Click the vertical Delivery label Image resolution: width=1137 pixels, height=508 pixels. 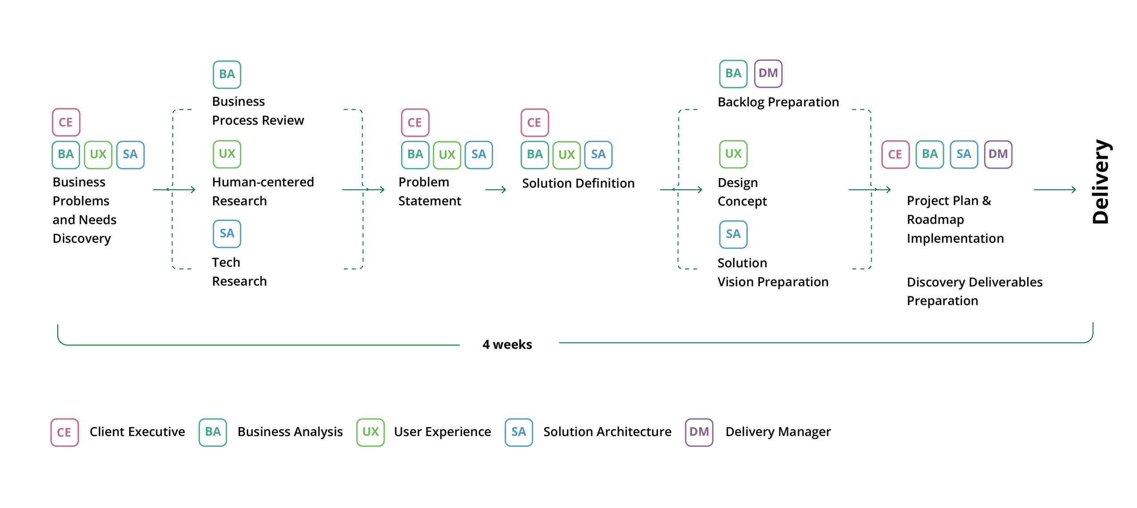coord(1101,182)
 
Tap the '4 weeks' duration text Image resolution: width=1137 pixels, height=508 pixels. coord(507,345)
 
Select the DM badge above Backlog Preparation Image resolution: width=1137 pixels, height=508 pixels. coord(768,73)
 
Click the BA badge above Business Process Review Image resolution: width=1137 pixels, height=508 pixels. coord(227,74)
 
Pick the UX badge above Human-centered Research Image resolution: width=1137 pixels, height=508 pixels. coord(227,154)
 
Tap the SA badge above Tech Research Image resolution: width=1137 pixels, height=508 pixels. coord(227,234)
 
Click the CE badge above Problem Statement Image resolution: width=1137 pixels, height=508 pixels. coord(415,123)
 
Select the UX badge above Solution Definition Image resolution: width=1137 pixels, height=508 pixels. coord(566,155)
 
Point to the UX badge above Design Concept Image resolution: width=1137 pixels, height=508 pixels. coord(733,154)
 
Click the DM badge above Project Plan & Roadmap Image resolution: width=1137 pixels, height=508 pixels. coord(998,155)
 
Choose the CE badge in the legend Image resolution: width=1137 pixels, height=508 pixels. coord(64,432)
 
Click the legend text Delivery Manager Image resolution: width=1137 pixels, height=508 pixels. coord(778,432)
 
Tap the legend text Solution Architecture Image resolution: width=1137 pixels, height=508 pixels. coord(607,432)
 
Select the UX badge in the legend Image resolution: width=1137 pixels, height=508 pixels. coord(370,432)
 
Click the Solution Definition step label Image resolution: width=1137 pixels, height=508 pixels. coord(578,183)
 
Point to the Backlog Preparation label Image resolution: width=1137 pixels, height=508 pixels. coord(778,102)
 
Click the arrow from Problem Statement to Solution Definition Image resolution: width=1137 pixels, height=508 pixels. coord(496,190)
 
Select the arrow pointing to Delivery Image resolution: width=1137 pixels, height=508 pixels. coord(1055,190)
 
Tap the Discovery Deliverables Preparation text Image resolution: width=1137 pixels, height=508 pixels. coord(974,291)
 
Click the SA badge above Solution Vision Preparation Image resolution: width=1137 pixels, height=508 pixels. coord(733,234)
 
